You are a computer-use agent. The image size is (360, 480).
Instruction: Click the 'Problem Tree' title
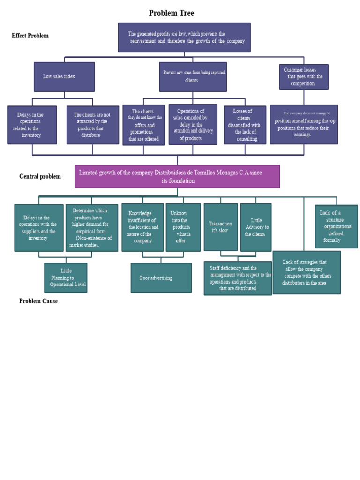[171, 13]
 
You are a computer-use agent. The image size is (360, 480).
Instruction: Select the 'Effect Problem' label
[30, 36]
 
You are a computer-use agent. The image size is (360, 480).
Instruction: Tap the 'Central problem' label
[40, 176]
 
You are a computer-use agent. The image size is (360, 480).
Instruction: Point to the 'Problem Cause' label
[38, 301]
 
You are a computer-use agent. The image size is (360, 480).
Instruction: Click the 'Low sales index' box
[64, 77]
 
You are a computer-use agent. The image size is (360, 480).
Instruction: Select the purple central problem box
[177, 176]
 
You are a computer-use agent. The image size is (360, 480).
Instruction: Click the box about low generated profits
[184, 37]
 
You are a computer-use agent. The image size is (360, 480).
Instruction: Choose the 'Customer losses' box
[304, 77]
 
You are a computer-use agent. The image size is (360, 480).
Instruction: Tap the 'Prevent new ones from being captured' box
[193, 77]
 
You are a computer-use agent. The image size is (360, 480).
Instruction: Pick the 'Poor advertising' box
[161, 277]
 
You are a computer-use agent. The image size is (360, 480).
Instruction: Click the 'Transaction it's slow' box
[221, 227]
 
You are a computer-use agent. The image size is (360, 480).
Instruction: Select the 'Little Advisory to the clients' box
[256, 227]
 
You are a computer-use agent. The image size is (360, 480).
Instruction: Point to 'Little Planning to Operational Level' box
[66, 277]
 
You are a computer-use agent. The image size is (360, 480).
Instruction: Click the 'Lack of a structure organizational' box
[336, 226]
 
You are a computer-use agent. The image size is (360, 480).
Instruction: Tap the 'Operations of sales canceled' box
[193, 125]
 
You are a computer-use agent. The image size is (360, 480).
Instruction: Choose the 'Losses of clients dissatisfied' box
[245, 125]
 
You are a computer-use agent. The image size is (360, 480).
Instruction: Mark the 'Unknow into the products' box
[183, 227]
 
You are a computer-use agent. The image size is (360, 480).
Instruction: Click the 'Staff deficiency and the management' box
[238, 278]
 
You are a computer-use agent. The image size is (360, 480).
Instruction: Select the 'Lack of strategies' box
[307, 272]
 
